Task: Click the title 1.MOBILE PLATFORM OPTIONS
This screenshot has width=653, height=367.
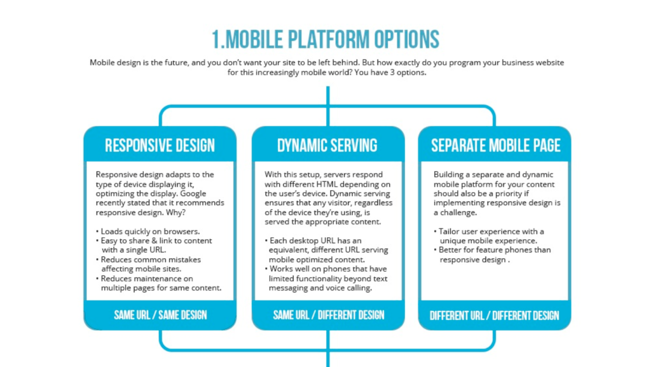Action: pos(325,40)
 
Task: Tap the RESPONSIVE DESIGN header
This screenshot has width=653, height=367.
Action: pos(160,145)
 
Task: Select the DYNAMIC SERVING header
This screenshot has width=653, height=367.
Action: pos(328,145)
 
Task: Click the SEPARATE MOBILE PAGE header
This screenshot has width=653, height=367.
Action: pos(495,145)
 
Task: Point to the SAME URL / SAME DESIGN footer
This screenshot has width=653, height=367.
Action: pos(160,315)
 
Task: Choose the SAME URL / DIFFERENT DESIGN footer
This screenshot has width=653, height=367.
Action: pos(328,315)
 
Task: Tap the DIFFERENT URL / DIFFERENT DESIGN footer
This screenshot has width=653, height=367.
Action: pos(494,315)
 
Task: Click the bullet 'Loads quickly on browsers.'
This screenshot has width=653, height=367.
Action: pos(150,231)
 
